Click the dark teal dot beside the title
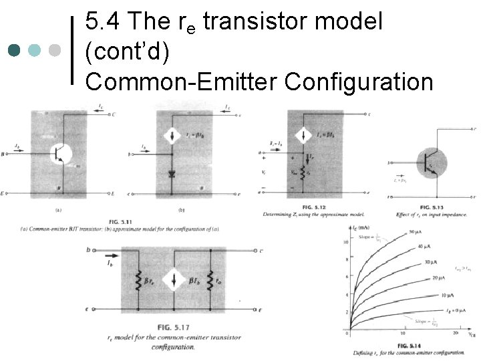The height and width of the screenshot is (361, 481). click(15, 51)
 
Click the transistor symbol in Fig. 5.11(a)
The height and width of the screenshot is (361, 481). click(62, 153)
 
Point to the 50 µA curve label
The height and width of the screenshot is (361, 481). click(415, 233)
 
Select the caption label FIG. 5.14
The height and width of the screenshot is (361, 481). click(408, 344)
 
